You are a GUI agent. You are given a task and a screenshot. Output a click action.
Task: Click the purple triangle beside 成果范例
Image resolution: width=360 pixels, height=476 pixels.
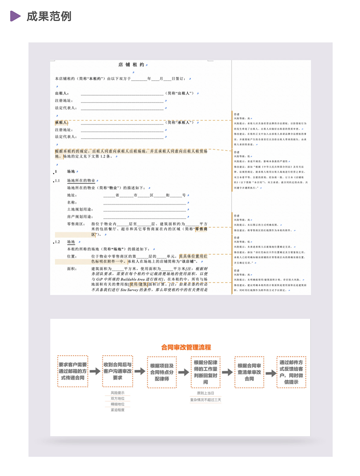(15, 16)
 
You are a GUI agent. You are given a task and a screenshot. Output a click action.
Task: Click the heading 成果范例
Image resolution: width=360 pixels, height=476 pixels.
(49, 16)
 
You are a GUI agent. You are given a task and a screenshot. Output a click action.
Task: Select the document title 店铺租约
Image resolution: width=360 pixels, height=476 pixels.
(131, 65)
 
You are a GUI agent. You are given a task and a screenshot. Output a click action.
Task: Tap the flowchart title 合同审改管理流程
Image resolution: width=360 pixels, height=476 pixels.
(186, 347)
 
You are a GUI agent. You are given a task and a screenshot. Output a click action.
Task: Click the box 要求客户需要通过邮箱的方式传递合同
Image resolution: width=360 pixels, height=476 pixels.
(73, 371)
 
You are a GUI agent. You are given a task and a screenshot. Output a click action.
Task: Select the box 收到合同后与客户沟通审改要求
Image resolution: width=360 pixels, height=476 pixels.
(118, 371)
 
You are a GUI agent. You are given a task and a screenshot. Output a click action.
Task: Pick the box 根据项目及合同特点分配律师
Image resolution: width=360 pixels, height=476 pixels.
(162, 372)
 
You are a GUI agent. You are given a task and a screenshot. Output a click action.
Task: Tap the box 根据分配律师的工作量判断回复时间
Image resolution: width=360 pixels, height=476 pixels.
(205, 372)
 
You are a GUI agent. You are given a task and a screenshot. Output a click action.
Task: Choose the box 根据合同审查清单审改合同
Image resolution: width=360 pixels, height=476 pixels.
(249, 372)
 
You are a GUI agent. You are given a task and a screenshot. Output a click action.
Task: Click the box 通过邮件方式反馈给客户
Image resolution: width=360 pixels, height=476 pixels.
(291, 372)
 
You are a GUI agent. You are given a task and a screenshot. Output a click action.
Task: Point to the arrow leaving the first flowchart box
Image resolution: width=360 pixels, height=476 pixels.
(95, 371)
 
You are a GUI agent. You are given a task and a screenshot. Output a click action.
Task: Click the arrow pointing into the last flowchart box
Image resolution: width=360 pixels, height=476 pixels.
(271, 373)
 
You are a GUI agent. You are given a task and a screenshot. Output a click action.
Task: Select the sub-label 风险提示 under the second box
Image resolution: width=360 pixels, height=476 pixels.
(118, 393)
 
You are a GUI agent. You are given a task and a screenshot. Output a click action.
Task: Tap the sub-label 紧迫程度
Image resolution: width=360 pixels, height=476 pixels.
(118, 410)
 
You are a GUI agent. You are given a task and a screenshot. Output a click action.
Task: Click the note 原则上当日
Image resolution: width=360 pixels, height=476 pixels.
(205, 393)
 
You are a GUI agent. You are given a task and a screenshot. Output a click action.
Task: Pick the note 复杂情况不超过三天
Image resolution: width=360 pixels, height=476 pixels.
(205, 400)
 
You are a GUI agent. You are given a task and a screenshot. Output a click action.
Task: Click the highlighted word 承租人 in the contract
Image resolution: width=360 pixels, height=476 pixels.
(61, 123)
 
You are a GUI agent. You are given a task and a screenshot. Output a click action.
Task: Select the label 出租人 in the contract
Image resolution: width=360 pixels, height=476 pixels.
(61, 94)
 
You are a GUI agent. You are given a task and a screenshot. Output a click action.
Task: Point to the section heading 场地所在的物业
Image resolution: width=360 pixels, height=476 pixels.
(81, 180)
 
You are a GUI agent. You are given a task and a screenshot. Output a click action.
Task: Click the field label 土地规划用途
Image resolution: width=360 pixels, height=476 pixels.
(80, 210)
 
